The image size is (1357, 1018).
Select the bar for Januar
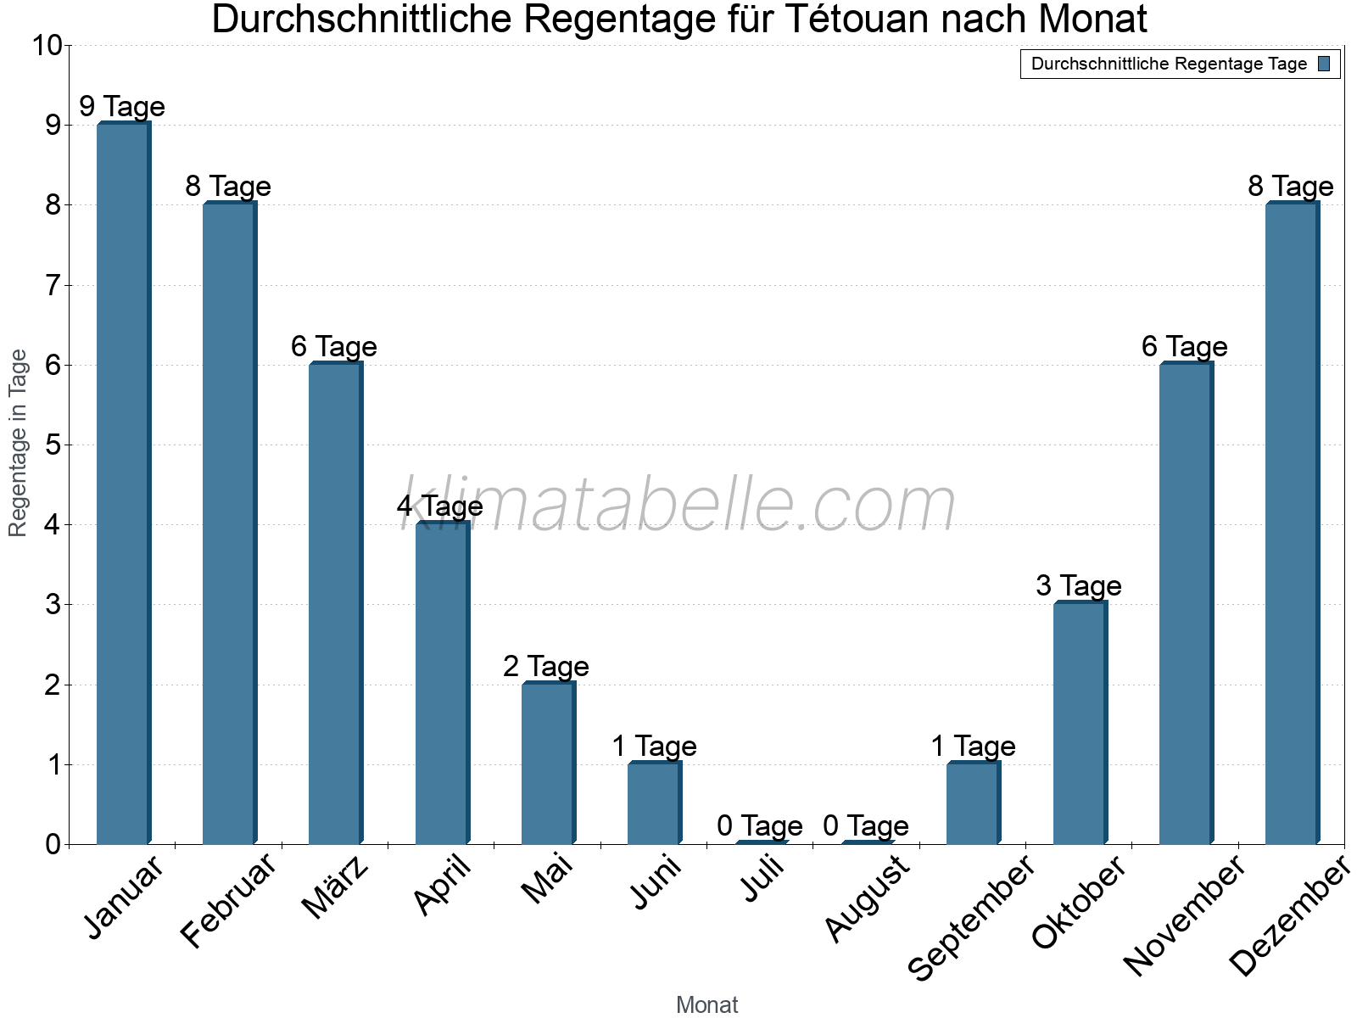coord(124,484)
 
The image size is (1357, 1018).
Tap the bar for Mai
coord(548,763)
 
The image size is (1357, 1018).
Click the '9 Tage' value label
coord(122,107)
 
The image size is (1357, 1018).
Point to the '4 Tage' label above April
coord(440,506)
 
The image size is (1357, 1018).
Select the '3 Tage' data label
coord(1079,586)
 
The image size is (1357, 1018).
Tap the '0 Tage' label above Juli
coord(760,825)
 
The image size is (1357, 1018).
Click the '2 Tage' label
coord(546,666)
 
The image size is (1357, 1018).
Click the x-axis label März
coord(336,887)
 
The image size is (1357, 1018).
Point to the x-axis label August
coord(867,899)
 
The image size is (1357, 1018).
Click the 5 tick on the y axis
coord(53,445)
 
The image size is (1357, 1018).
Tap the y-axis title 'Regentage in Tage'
coord(19,443)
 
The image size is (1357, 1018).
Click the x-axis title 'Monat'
coord(707,1005)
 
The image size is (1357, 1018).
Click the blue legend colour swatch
coord(1325,64)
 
